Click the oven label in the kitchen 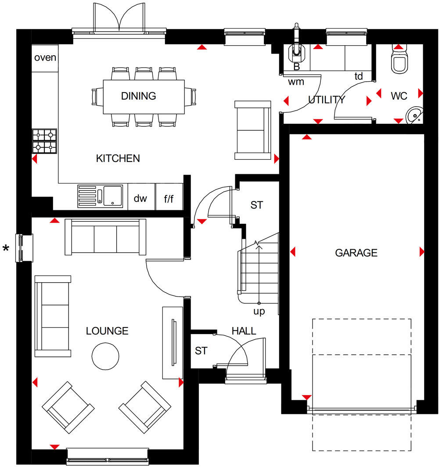45,57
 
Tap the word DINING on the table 138,96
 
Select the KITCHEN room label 118,158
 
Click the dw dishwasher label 140,198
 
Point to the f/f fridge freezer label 169,199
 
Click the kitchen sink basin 112,196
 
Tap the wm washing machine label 296,82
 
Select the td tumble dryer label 359,76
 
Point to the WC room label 399,96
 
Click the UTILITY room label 327,100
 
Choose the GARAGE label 356,253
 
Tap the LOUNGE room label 107,331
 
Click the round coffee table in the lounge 105,356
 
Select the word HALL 244,331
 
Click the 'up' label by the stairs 259,312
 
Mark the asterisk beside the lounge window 6,248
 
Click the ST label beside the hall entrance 201,351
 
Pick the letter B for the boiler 297,67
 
